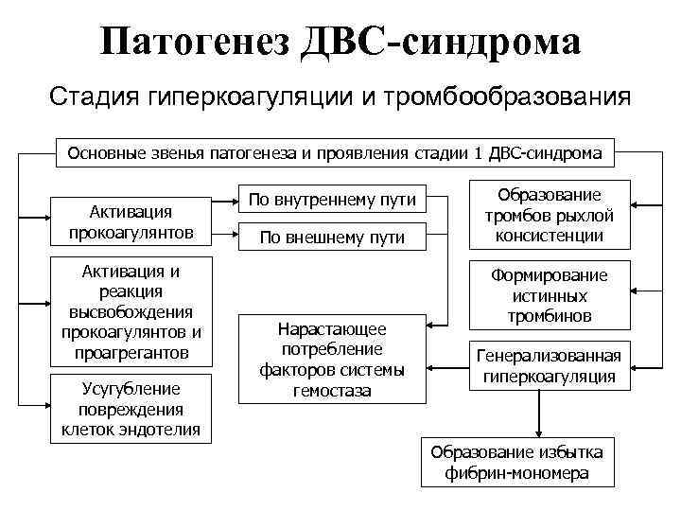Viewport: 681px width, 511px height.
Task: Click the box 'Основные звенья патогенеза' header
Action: (335, 151)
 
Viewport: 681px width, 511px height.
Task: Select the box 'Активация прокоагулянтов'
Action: (131, 220)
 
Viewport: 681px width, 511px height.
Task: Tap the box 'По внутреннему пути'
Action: (332, 200)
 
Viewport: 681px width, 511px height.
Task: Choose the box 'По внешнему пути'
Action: (332, 238)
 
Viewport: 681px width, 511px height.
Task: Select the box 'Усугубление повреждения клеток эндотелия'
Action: (131, 409)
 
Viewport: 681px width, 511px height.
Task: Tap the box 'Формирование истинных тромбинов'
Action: (550, 294)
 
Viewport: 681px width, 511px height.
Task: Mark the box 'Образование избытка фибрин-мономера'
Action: (516, 462)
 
